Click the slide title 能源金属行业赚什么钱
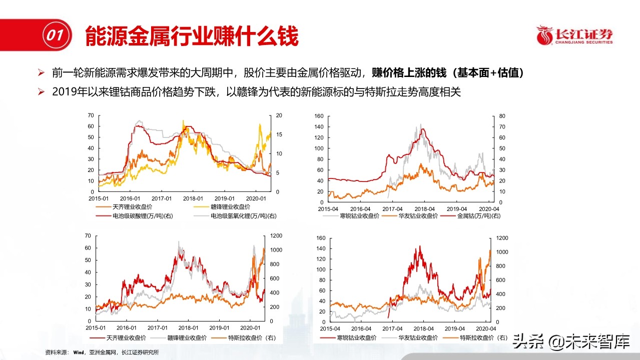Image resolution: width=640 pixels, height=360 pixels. click(192, 36)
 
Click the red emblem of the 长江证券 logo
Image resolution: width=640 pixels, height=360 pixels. click(545, 35)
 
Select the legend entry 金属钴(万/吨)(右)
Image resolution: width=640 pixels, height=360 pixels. click(476, 215)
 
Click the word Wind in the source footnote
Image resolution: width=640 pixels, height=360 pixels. click(79, 352)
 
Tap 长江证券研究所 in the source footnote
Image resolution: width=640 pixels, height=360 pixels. click(143, 352)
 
